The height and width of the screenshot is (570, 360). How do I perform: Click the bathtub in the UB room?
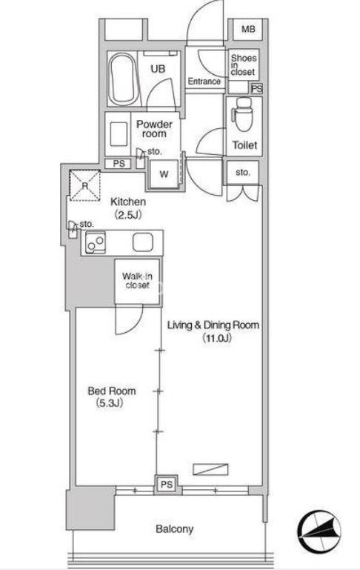click(x=124, y=79)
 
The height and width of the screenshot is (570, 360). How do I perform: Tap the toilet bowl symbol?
click(x=244, y=114)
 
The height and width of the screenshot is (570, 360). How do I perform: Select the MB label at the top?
click(x=248, y=29)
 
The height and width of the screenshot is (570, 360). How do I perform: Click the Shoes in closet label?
click(x=244, y=64)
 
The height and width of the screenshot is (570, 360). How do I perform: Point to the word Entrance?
click(x=204, y=82)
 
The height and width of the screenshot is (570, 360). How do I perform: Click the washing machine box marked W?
click(x=164, y=174)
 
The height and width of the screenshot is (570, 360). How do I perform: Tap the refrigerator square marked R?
click(x=85, y=185)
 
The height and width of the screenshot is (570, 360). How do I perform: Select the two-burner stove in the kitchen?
click(x=96, y=242)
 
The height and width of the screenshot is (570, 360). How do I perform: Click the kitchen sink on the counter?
click(x=142, y=242)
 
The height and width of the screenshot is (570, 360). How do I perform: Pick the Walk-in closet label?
click(x=137, y=281)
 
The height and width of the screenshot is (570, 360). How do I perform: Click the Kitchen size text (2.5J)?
click(x=128, y=215)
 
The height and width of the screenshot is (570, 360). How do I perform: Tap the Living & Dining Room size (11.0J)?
click(x=218, y=338)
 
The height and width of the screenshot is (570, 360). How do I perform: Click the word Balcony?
click(x=174, y=529)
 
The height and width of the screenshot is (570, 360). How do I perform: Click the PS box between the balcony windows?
click(x=167, y=485)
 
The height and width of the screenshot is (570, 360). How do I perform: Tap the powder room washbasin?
click(x=119, y=133)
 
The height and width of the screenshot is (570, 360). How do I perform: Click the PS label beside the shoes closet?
click(x=257, y=88)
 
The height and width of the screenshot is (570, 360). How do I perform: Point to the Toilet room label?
click(x=245, y=145)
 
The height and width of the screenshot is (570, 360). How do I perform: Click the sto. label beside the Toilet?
click(x=243, y=172)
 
